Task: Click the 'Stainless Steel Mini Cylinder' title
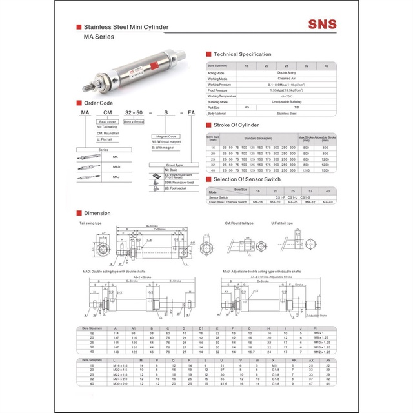123,27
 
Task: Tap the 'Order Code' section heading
99,103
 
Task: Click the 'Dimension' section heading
96,212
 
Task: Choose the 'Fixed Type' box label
175,165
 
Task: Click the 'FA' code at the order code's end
191,114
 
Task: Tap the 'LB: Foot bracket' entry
177,188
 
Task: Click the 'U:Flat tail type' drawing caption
281,223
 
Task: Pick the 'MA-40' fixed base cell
327,202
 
